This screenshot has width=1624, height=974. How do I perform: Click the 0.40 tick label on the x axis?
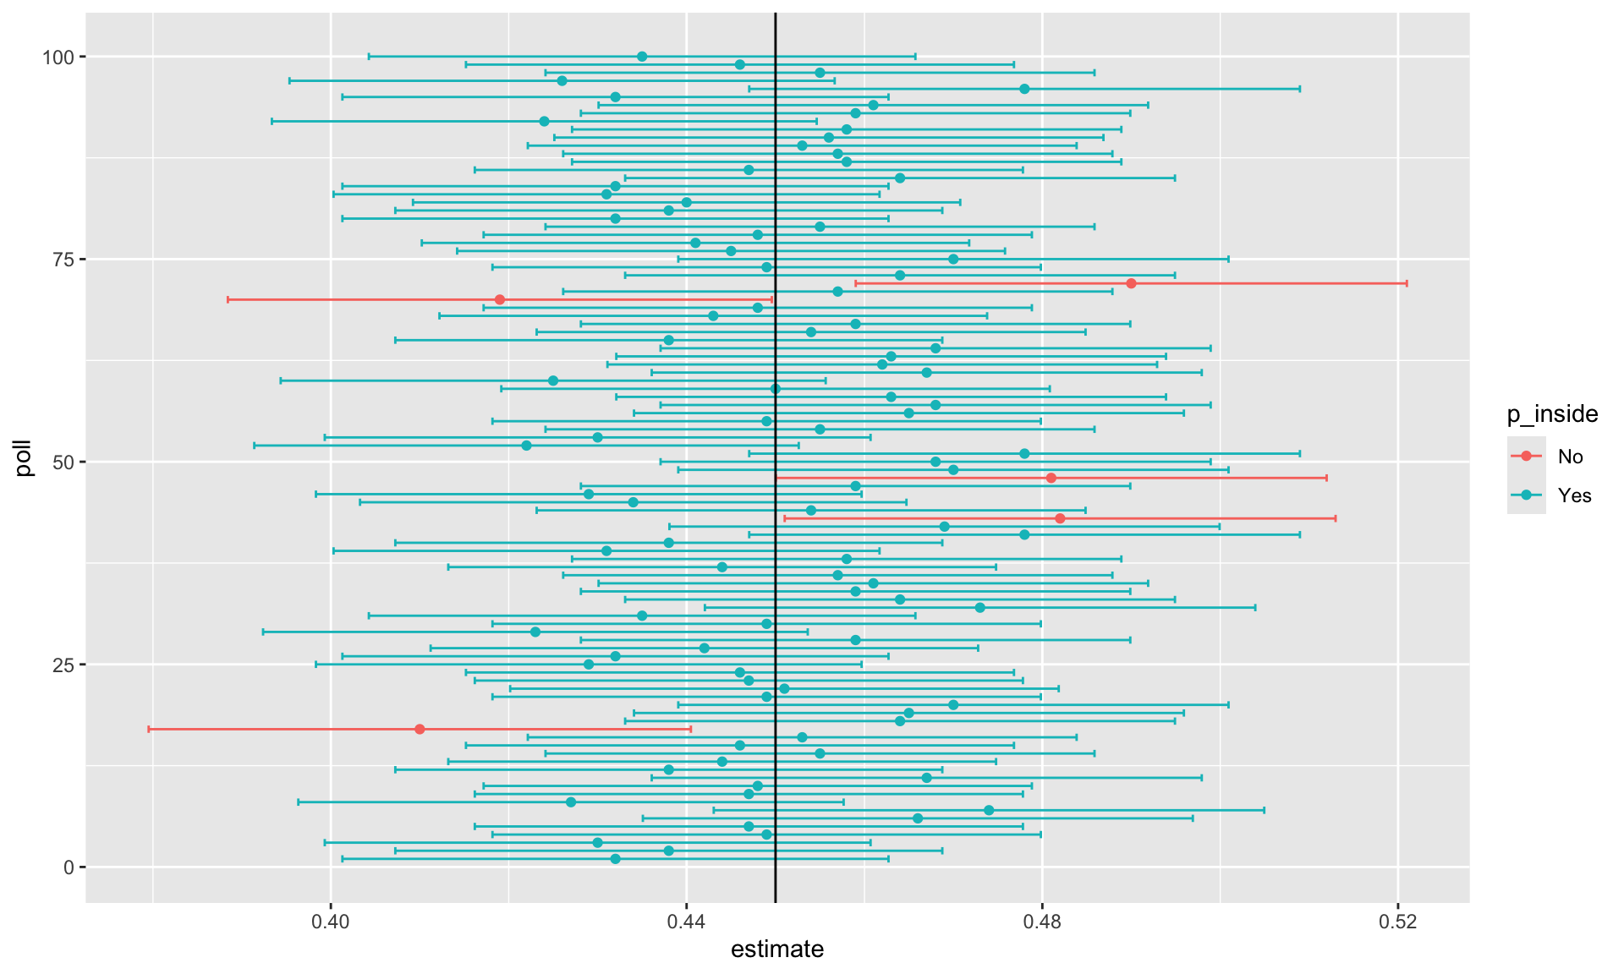(x=331, y=922)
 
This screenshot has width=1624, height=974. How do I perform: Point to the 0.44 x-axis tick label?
(x=686, y=922)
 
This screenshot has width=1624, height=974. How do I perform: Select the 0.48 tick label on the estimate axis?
(x=1042, y=922)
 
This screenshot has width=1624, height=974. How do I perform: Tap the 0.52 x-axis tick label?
(x=1397, y=922)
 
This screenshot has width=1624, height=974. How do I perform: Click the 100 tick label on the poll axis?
(x=58, y=57)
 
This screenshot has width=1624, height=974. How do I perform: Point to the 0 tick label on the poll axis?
(x=69, y=867)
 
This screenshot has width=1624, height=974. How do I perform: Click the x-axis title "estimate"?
(x=776, y=949)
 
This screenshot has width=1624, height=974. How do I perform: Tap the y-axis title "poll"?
(x=24, y=457)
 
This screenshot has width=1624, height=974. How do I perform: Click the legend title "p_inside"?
(x=1552, y=414)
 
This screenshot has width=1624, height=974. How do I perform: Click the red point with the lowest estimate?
(x=420, y=729)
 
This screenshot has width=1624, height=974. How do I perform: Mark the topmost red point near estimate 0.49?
(x=1131, y=283)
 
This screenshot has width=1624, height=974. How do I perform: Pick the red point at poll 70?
(x=499, y=299)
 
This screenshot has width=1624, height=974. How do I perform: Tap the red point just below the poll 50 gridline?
(x=1051, y=478)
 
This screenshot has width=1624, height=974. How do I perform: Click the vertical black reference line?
(x=776, y=592)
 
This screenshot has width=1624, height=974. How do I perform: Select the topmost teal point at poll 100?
(x=642, y=57)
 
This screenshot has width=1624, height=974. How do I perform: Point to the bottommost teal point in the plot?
(x=615, y=859)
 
